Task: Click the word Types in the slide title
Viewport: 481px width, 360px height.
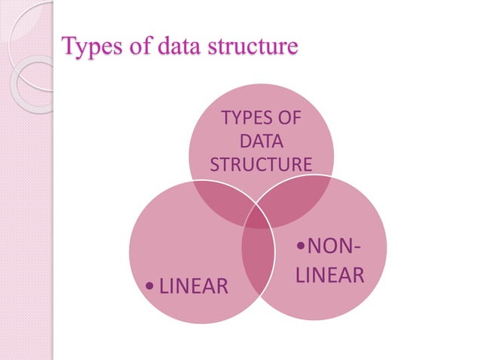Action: tap(87, 47)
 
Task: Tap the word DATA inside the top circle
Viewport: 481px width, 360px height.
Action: tap(261, 142)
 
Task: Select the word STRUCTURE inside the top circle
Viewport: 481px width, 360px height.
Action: tap(261, 163)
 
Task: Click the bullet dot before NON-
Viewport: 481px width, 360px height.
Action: tap(300, 246)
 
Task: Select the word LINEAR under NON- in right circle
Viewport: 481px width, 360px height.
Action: tap(329, 276)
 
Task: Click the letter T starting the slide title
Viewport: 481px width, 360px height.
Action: tap(68, 47)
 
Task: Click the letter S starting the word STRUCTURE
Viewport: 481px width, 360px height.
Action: tap(213, 163)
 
